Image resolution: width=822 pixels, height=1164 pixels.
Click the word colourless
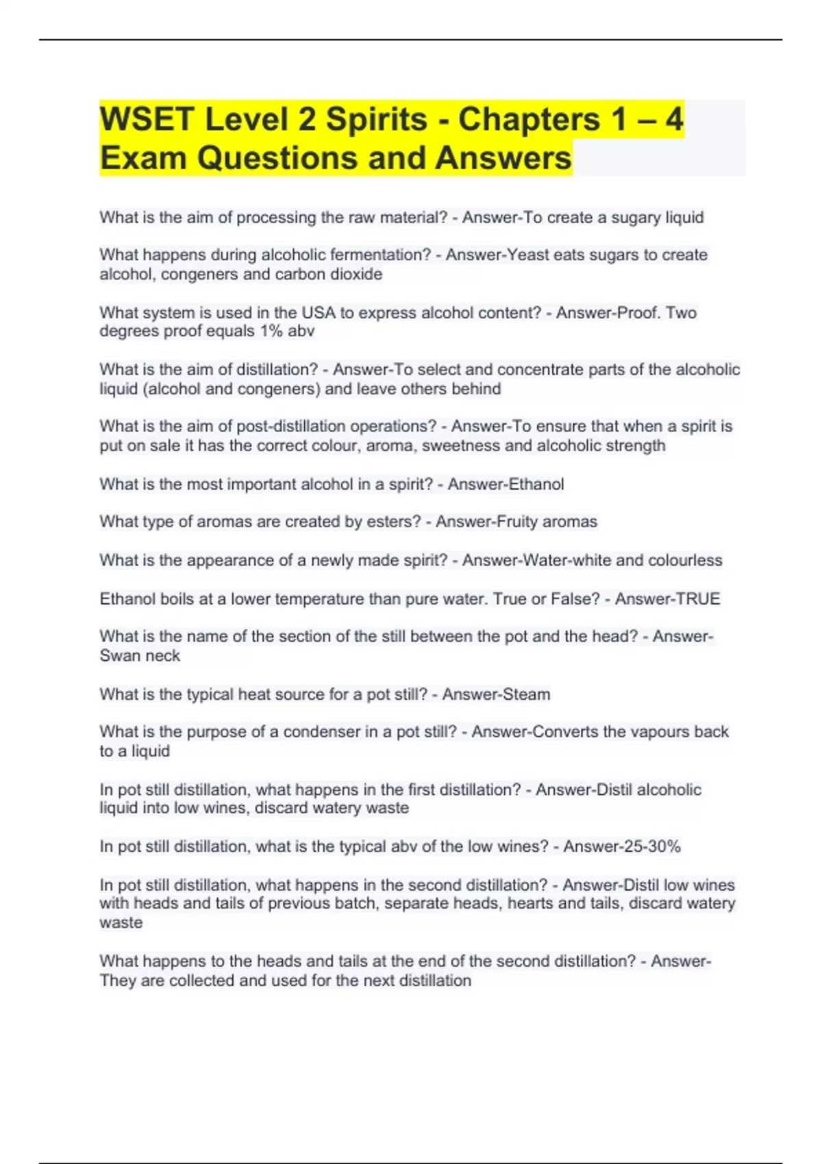coord(683,560)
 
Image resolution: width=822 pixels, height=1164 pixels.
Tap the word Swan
coord(119,656)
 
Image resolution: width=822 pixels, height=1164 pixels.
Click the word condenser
coord(319,732)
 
